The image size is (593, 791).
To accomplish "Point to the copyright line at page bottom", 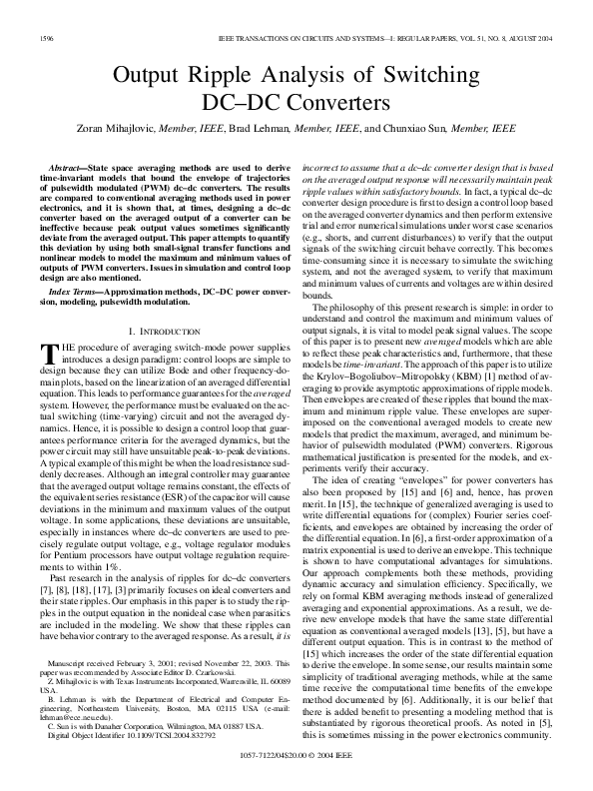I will [296, 782].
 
